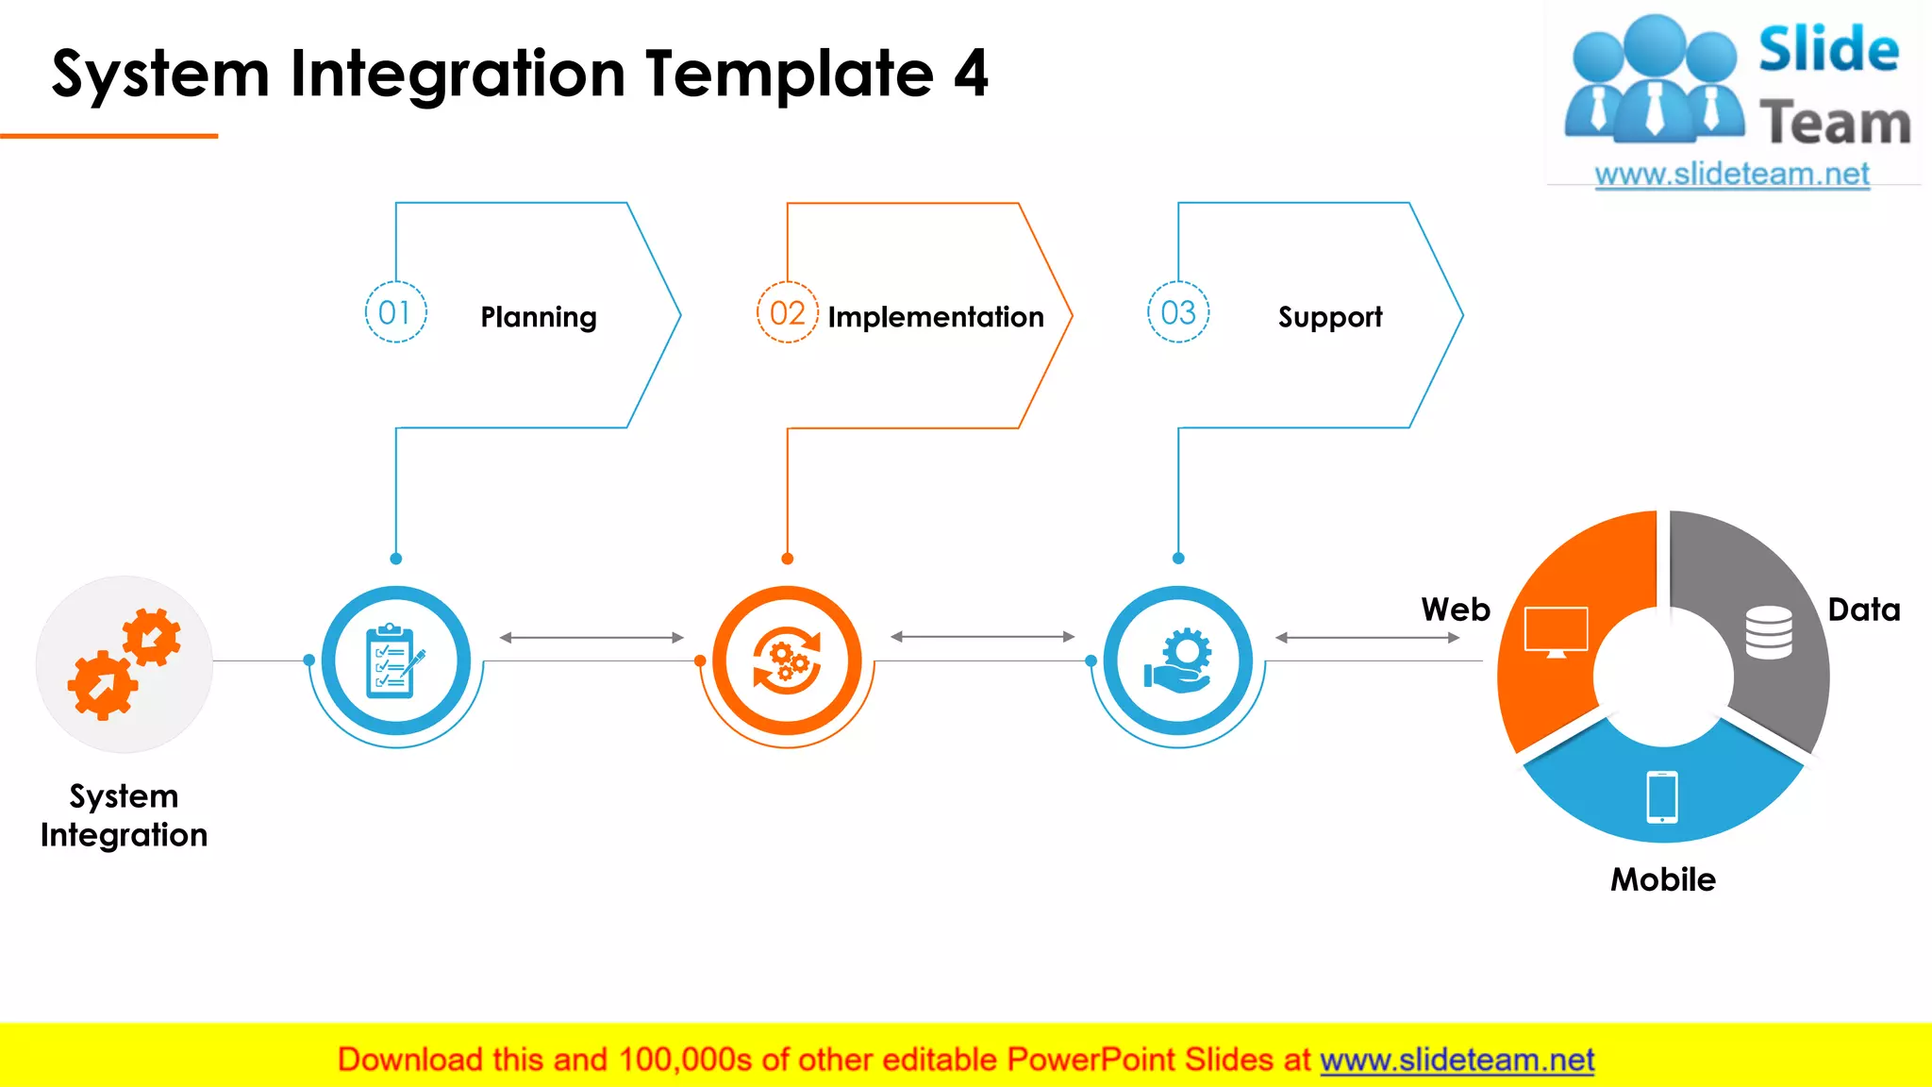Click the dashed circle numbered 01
point(395,312)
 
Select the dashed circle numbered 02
point(787,312)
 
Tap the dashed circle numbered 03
point(1178,312)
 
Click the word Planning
point(539,317)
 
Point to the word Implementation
point(936,317)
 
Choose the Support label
point(1330,317)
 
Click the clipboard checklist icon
point(395,661)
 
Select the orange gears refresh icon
point(787,661)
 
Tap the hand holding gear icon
point(1178,661)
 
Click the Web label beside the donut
point(1456,610)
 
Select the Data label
point(1864,610)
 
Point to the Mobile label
point(1663,879)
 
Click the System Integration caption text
point(124,815)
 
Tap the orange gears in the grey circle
point(124,663)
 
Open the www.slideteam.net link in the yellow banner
point(1457,1060)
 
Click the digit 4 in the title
point(970,74)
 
